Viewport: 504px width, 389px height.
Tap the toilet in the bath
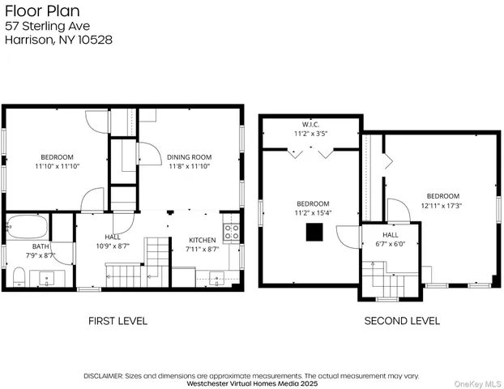coord(18,278)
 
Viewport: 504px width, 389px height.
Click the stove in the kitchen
coord(230,233)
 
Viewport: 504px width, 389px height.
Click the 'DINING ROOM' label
coord(189,156)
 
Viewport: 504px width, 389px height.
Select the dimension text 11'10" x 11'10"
coord(57,165)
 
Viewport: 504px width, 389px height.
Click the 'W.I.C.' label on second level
coord(309,124)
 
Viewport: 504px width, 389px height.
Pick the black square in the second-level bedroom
coord(312,233)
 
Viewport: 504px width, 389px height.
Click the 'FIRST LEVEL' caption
coord(117,321)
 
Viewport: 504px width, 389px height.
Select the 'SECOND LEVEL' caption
coord(401,321)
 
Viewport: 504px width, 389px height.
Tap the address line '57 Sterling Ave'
coord(47,26)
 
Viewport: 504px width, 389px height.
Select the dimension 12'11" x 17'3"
coord(442,206)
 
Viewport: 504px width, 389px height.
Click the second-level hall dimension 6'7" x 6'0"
coord(391,243)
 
